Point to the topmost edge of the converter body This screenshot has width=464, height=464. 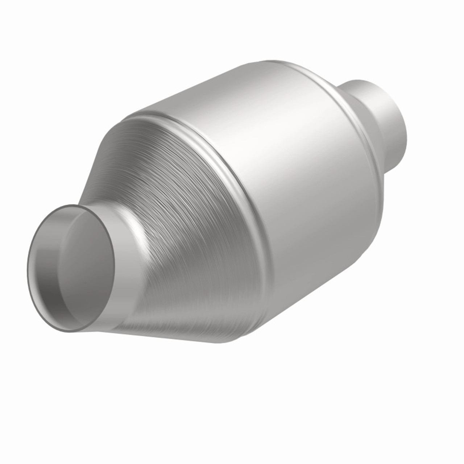[275, 60]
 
